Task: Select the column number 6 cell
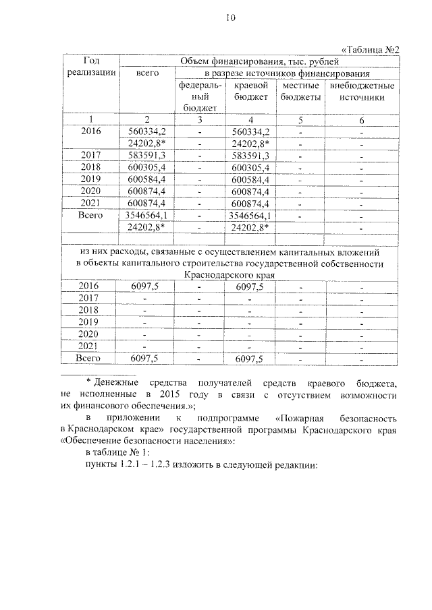click(362, 119)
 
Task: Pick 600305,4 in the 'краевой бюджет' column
click(250, 167)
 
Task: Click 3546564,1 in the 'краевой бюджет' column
click(250, 216)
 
